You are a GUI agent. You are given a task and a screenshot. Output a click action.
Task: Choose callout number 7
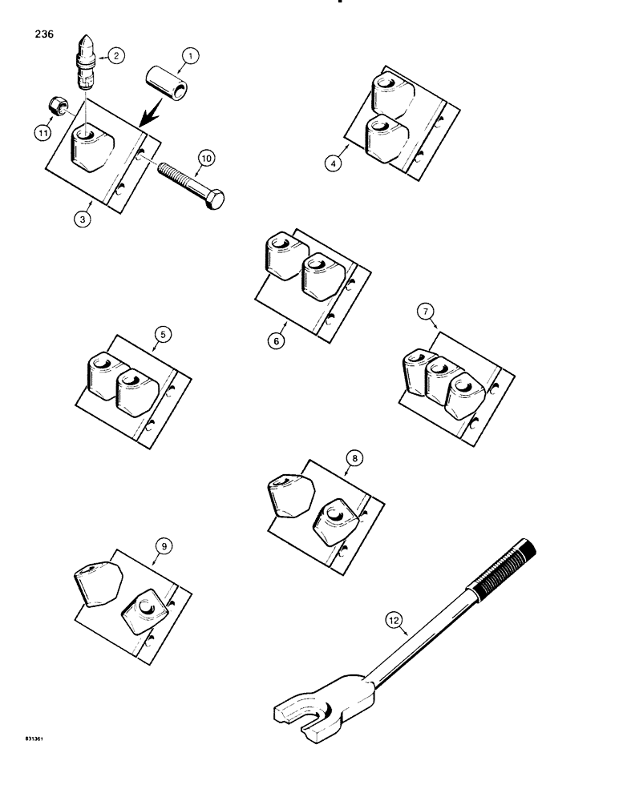pos(426,311)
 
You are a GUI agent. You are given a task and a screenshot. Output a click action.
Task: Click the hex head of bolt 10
pos(214,199)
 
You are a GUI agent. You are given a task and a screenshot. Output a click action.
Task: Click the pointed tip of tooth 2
pos(88,40)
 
